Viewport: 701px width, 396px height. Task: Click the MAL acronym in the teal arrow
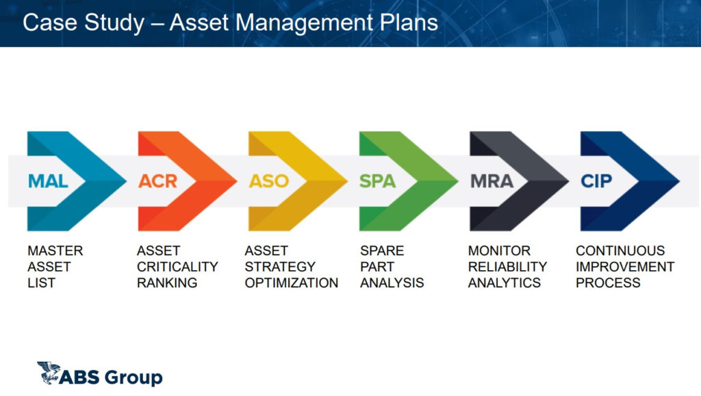pos(48,181)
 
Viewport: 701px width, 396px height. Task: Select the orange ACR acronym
pos(158,181)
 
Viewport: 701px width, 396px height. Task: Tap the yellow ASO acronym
pos(268,181)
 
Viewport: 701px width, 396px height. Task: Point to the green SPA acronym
pos(378,181)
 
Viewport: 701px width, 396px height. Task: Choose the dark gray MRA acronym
pos(492,181)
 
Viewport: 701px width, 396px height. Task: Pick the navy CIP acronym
pos(596,181)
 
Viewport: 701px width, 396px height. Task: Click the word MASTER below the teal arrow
pos(55,250)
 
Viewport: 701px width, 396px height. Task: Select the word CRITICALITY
pos(177,267)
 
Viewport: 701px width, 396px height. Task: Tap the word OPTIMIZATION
pos(292,282)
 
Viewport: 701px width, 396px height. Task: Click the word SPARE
pos(382,250)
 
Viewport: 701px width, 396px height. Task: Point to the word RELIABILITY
pos(507,267)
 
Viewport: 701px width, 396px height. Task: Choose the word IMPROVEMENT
pos(625,267)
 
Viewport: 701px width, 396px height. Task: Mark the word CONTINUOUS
pos(620,250)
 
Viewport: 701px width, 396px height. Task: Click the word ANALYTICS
pos(505,282)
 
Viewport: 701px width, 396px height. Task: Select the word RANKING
pos(167,282)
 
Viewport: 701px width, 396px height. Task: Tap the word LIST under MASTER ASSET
pos(42,282)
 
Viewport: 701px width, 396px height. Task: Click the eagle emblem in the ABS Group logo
pos(49,373)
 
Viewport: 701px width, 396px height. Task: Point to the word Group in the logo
pos(134,378)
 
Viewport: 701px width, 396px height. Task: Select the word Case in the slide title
pos(49,23)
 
